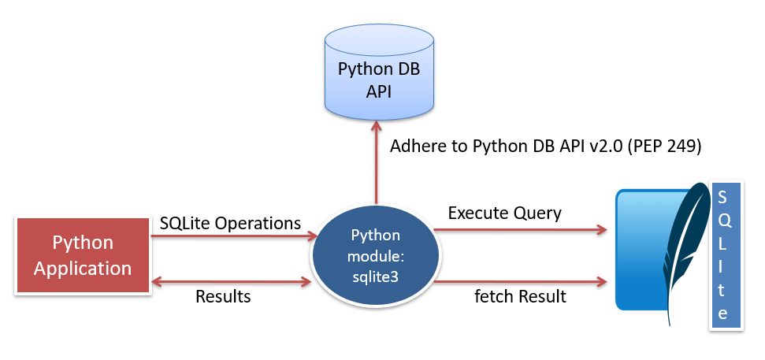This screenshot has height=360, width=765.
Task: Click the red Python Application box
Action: (x=83, y=255)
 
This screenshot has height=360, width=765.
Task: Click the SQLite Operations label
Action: (x=230, y=223)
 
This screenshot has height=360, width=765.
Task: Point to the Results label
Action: (x=223, y=297)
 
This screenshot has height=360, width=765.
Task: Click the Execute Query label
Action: (x=504, y=213)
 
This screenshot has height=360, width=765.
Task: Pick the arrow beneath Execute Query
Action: (x=520, y=230)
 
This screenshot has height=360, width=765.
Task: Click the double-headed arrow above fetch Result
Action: (x=520, y=281)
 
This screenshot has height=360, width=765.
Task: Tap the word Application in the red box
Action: (x=83, y=268)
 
